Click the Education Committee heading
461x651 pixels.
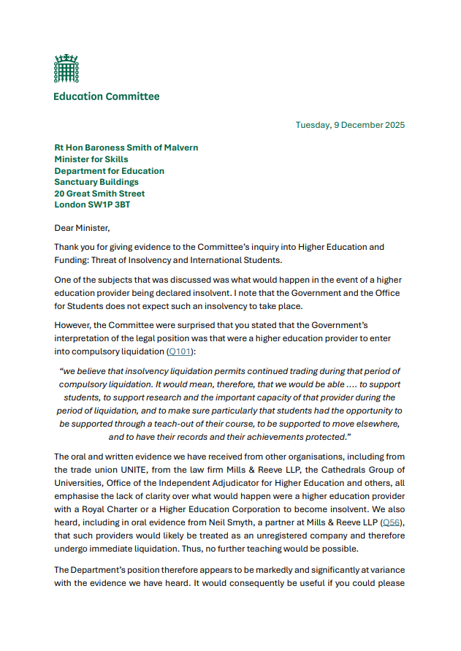106,96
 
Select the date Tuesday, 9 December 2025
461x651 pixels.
350,125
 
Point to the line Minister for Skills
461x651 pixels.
91,159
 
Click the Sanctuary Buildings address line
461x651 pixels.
96,182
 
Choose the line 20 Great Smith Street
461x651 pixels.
99,194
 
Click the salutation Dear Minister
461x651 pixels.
82,228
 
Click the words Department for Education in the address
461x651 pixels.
109,171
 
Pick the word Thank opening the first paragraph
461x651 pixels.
68,248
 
